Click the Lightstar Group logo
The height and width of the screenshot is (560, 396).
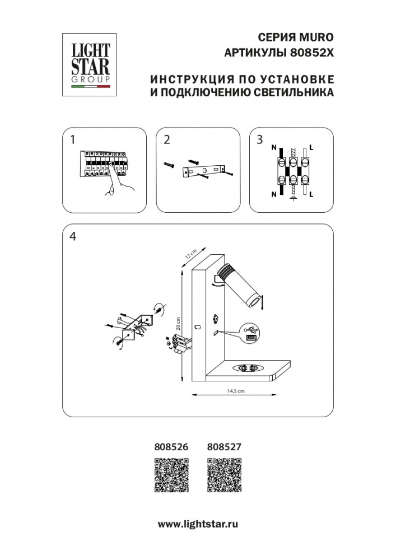pos(85,65)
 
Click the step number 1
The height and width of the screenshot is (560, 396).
pos(72,139)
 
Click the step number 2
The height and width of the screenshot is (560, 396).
pos(166,139)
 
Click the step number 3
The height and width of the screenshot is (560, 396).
pos(259,139)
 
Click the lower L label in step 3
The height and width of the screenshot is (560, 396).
pos(311,194)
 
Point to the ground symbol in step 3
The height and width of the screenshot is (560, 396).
pos(292,198)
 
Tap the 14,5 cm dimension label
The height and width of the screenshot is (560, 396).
pos(236,391)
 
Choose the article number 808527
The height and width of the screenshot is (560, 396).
pos(224,447)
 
